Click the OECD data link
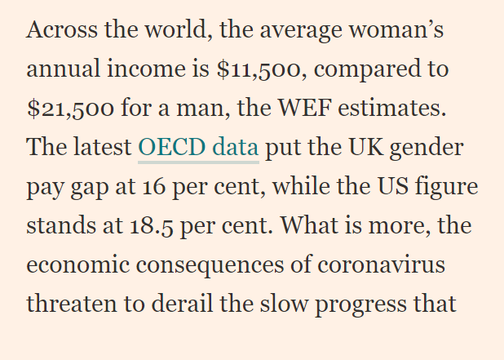(198, 148)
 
